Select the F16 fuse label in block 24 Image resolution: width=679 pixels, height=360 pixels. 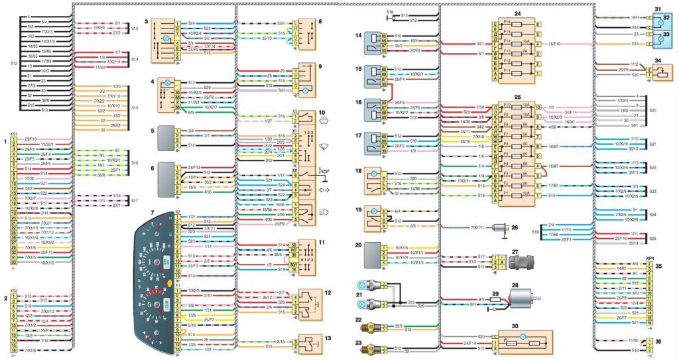tap(507, 23)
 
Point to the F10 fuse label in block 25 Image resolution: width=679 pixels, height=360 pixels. tap(507, 105)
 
